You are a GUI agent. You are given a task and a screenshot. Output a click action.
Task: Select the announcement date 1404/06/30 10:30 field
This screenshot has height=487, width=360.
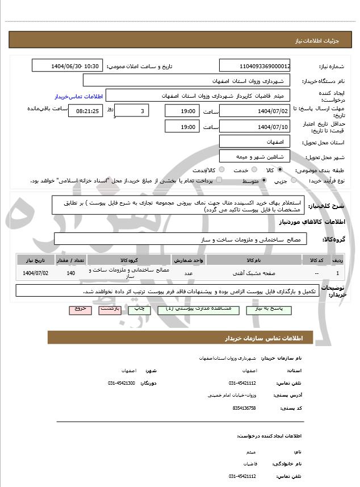(x=68, y=66)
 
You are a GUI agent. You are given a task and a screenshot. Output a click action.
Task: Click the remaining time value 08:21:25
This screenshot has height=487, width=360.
(x=86, y=111)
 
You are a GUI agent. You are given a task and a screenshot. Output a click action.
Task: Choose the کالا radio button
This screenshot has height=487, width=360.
(x=281, y=170)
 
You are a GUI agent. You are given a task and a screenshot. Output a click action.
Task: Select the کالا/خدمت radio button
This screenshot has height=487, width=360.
(x=221, y=170)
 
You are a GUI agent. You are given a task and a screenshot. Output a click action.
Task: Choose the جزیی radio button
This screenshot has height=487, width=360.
(x=293, y=181)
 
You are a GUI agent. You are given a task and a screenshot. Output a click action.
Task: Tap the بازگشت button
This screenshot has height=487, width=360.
(x=109, y=309)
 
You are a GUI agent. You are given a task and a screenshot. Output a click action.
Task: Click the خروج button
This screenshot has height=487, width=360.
(x=79, y=309)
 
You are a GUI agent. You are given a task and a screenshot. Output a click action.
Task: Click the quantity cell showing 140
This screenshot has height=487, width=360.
(x=71, y=273)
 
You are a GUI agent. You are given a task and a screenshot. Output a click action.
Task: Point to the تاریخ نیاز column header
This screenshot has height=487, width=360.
(x=36, y=260)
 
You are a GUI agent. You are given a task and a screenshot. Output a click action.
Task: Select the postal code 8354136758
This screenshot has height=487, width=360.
(x=244, y=407)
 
